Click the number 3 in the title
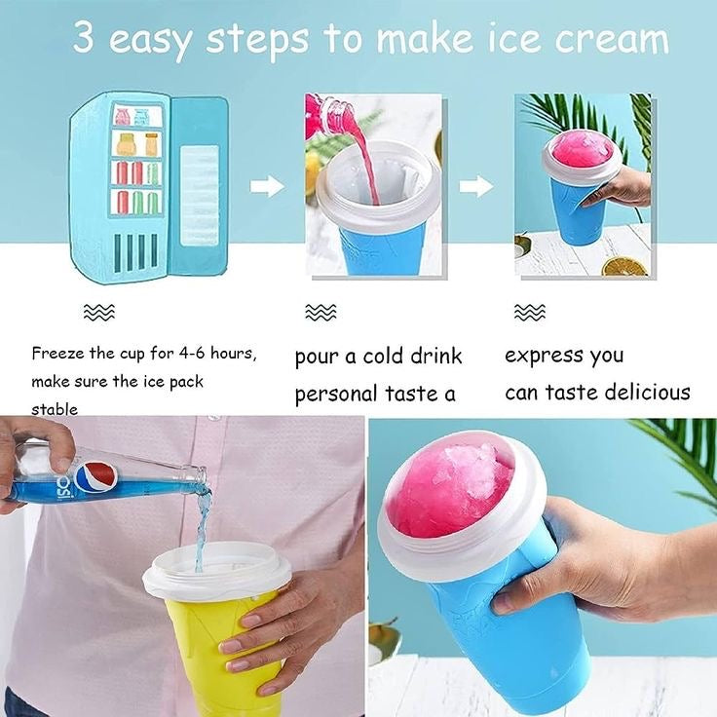(x=84, y=39)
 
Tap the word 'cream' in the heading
(x=612, y=39)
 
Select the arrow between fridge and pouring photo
(x=267, y=186)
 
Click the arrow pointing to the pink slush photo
(x=476, y=186)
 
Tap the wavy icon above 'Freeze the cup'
(x=99, y=312)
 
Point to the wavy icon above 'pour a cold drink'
(x=321, y=312)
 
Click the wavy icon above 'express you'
(x=530, y=312)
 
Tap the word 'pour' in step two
(x=316, y=357)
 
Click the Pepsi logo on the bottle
(x=95, y=476)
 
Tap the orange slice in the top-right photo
(x=623, y=265)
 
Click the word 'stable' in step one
(x=55, y=409)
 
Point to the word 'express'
(x=538, y=356)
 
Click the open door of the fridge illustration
(x=200, y=185)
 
